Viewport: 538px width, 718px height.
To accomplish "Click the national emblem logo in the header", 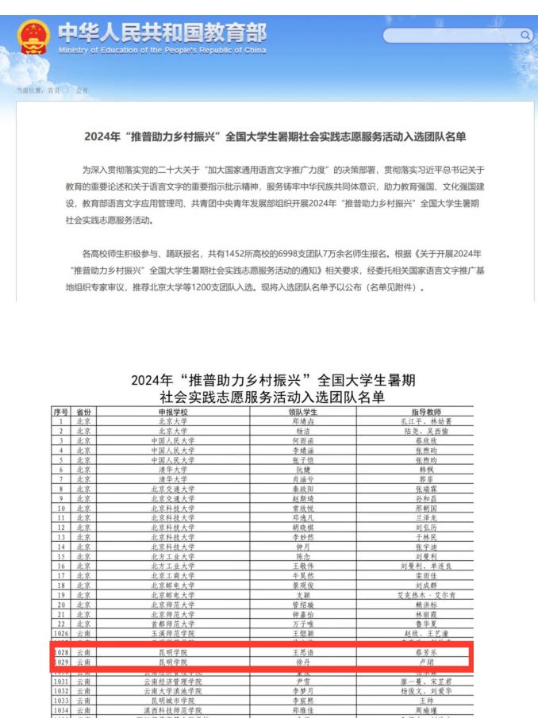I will click(34, 36).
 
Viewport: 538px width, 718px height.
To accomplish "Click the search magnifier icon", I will click(525, 36).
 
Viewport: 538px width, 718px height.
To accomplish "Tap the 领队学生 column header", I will click(302, 412).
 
